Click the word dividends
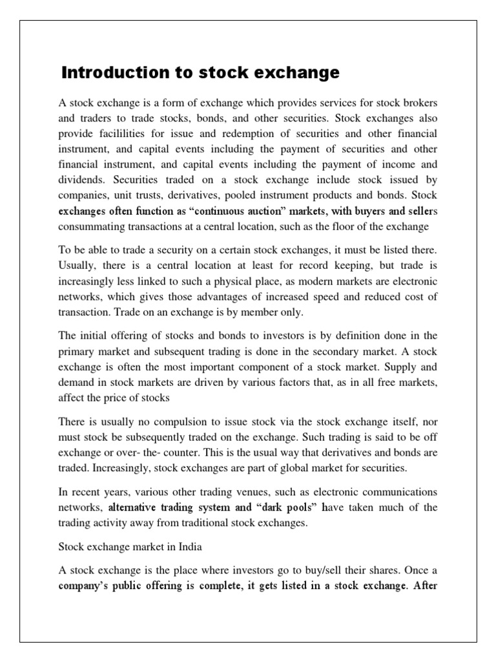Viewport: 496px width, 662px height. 81,180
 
